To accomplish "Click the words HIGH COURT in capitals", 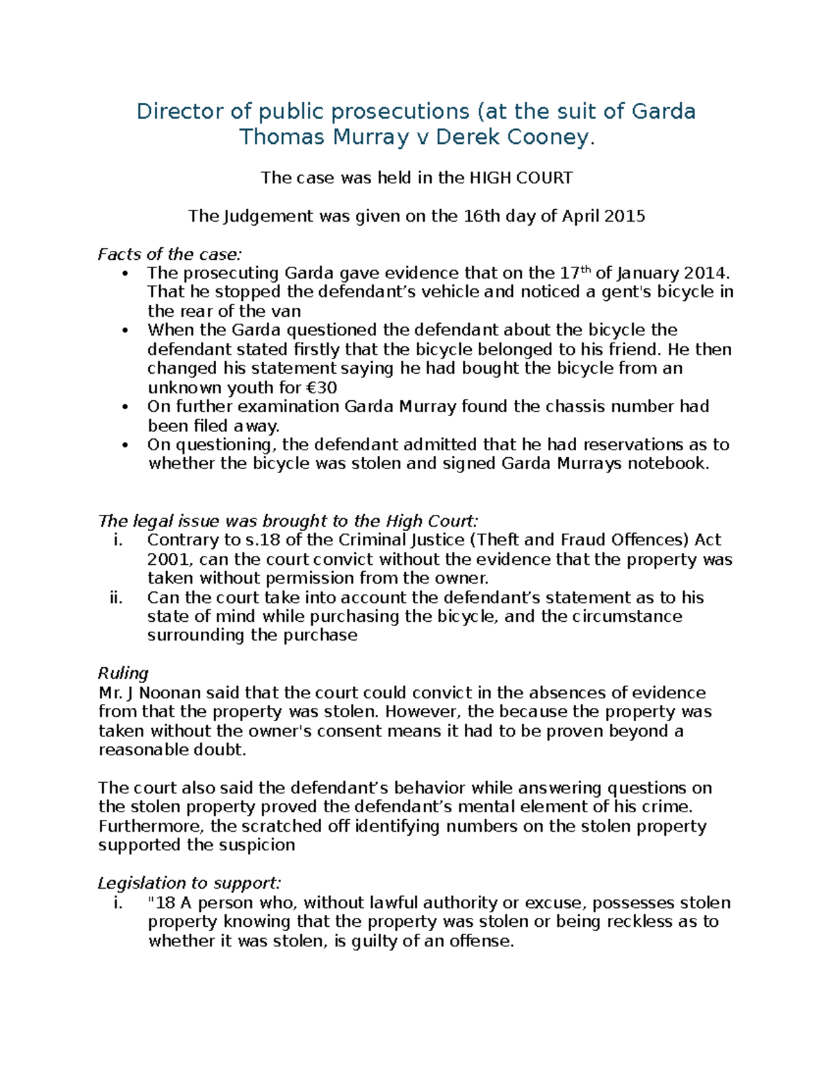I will click(521, 178).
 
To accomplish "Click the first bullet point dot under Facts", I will click(124, 274).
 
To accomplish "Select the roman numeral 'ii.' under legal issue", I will click(116, 598).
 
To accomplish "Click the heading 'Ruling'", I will click(123, 673).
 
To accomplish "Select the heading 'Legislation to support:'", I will click(189, 883).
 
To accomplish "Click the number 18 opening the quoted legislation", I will click(166, 903).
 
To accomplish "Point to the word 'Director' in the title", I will click(180, 111).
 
